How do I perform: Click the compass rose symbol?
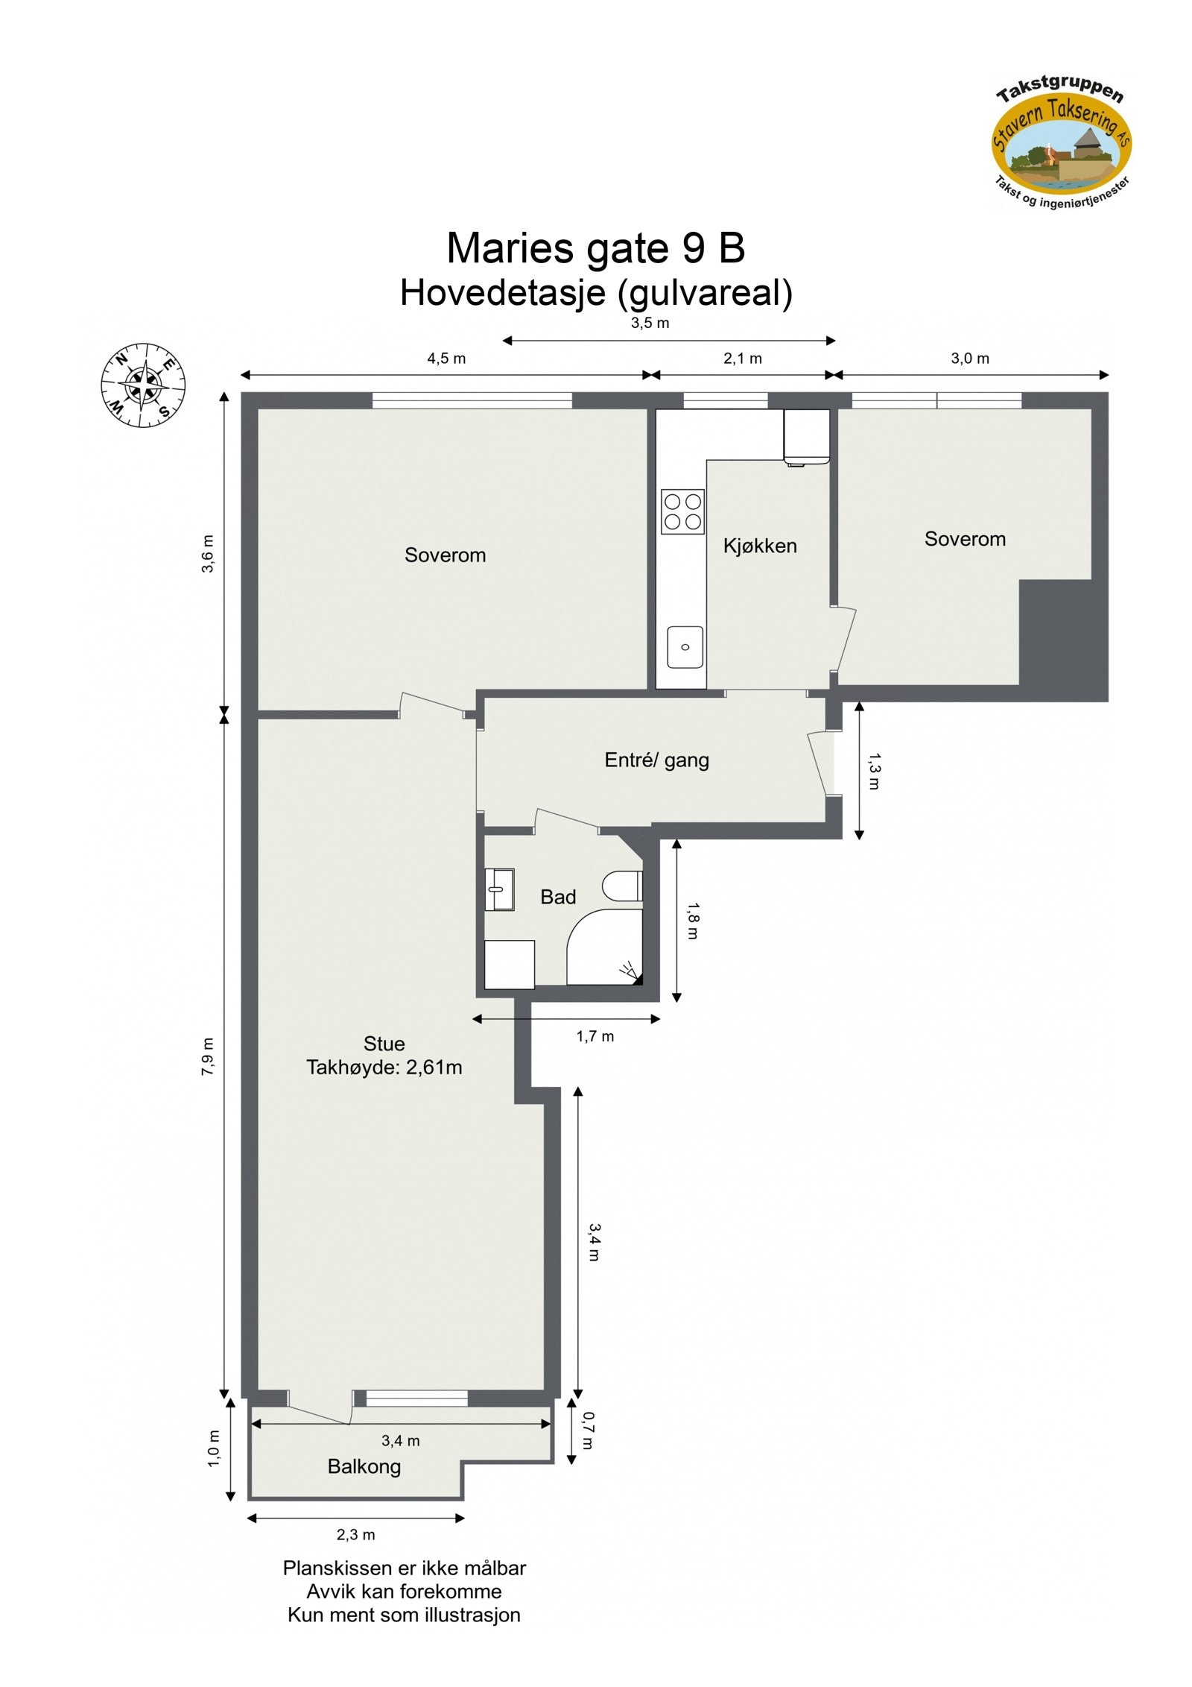(x=143, y=385)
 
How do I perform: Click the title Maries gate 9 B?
(x=595, y=248)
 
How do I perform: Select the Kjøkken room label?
(x=759, y=546)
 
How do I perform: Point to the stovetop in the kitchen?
(x=683, y=511)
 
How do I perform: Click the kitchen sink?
(x=685, y=647)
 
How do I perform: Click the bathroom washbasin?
(x=499, y=889)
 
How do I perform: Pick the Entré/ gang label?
(x=656, y=760)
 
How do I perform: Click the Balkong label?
(x=364, y=1467)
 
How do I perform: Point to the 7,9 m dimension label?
(x=208, y=1056)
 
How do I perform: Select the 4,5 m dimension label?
(x=446, y=359)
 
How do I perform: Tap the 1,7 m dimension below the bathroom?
(x=595, y=1036)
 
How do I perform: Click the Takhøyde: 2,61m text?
(x=384, y=1068)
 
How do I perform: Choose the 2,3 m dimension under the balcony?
(x=356, y=1535)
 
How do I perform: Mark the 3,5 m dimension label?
(x=650, y=324)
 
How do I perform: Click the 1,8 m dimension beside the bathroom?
(x=692, y=921)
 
